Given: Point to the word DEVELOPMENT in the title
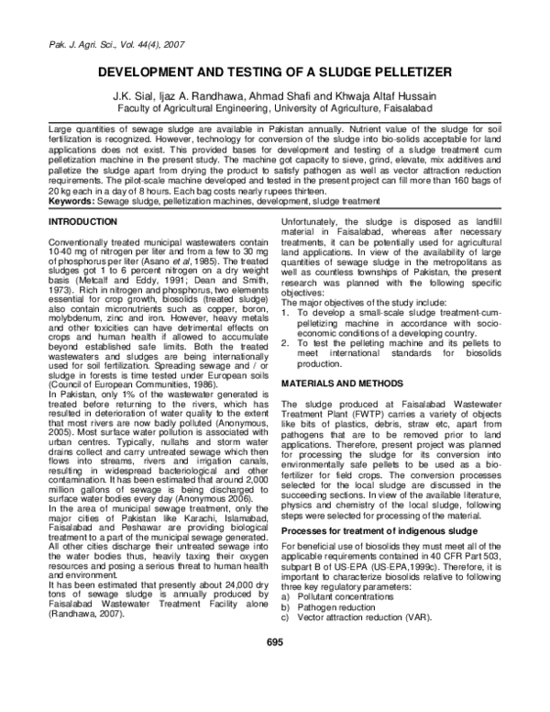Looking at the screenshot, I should click(x=158, y=73).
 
